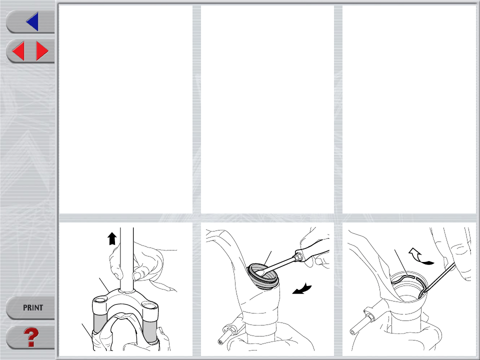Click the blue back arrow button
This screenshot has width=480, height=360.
pyautogui.click(x=32, y=21)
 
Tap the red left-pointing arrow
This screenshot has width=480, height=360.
pyautogui.click(x=18, y=51)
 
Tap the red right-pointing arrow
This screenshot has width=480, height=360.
pyautogui.click(x=42, y=51)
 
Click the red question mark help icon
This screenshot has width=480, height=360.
pyautogui.click(x=31, y=337)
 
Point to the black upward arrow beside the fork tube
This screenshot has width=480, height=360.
pyautogui.click(x=112, y=239)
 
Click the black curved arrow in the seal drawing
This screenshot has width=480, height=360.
pyautogui.click(x=302, y=289)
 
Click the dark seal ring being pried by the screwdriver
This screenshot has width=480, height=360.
pyautogui.click(x=263, y=276)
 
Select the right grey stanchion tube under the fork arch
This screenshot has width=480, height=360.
pyautogui.click(x=149, y=331)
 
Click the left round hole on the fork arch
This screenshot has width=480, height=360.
pyautogui.click(x=100, y=299)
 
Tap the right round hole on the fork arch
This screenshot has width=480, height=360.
pyautogui.click(x=149, y=305)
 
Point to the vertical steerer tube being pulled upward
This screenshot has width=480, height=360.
pyautogui.click(x=126, y=259)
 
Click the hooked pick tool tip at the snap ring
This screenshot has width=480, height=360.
pyautogui.click(x=421, y=294)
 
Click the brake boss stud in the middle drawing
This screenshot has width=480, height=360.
pyautogui.click(x=226, y=334)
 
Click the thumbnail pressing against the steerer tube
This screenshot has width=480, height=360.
pyautogui.click(x=137, y=276)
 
